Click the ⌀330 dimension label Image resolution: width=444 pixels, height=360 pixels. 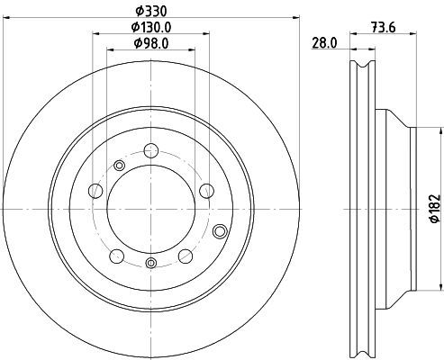(x=151, y=12)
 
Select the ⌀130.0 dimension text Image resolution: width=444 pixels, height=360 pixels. (x=151, y=27)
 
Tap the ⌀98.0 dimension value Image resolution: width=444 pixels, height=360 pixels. (x=151, y=43)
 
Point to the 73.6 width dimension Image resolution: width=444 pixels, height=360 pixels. (x=384, y=28)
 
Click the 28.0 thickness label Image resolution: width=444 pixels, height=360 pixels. (x=324, y=43)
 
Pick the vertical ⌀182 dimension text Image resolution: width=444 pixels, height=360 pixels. (x=435, y=209)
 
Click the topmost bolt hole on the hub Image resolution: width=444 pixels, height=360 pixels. (x=151, y=150)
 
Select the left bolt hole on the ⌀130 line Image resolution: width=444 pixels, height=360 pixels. (x=95, y=191)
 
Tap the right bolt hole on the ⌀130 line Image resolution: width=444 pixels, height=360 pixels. (x=206, y=191)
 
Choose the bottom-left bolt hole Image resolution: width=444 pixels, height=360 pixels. (x=117, y=256)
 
